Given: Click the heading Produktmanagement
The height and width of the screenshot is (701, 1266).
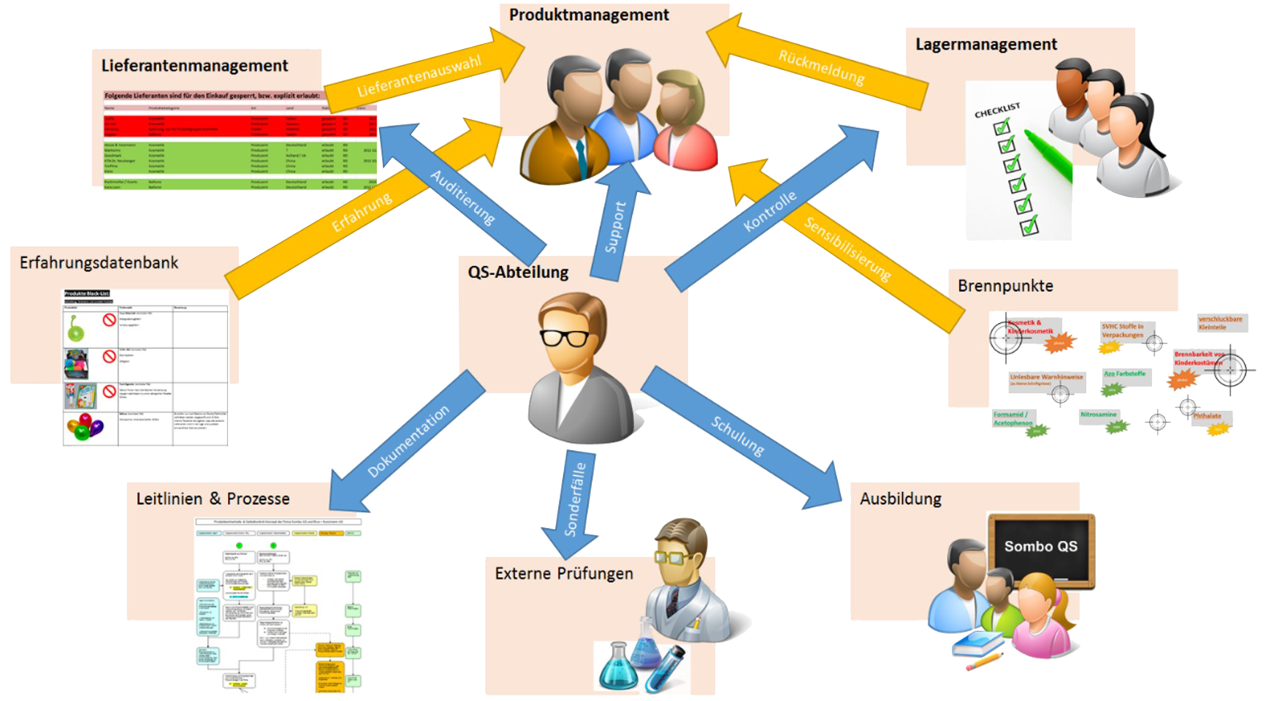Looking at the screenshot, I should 589,15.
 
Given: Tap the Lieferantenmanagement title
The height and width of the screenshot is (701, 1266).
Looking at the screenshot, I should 194,66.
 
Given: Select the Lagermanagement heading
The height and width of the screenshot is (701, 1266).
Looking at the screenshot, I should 985,45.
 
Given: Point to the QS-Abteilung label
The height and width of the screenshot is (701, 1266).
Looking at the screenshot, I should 518,273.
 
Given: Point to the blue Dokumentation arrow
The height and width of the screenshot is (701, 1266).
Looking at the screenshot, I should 408,441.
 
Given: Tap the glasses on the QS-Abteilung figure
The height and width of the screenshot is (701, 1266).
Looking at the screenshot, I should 564,338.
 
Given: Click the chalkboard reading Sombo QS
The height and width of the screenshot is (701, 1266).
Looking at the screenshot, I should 1040,548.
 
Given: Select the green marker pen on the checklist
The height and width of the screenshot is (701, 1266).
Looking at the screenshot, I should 1048,155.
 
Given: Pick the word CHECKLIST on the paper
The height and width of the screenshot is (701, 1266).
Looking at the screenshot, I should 996,110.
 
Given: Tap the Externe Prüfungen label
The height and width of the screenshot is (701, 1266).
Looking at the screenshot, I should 564,574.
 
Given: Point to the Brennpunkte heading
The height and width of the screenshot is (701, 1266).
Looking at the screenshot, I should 1005,287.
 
